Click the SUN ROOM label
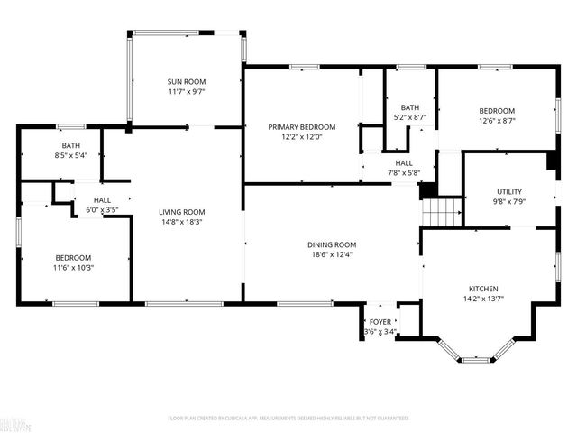187,80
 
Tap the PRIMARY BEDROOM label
301,127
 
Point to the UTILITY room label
509,191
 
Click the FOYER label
380,321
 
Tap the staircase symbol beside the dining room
442,213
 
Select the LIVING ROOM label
187,210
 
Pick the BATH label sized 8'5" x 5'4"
70,145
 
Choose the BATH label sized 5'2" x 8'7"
410,106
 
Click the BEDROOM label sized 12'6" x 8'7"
496,111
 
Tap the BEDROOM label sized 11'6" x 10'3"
72,256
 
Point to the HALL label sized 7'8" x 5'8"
403,163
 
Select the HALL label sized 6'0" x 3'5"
102,199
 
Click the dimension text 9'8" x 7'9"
509,202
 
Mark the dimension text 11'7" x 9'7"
187,91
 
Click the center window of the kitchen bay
475,360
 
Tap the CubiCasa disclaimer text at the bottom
288,418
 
